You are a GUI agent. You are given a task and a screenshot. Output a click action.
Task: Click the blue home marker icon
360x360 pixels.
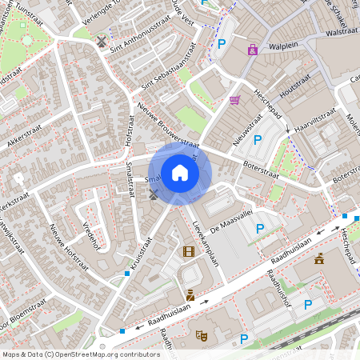pyautogui.click(x=180, y=172)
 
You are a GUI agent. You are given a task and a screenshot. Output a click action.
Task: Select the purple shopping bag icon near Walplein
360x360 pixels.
pyautogui.click(x=253, y=50)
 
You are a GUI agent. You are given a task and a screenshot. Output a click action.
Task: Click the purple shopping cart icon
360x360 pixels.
pyautogui.click(x=234, y=100)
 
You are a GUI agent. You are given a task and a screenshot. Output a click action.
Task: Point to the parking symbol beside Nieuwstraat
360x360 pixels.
pyautogui.click(x=258, y=140)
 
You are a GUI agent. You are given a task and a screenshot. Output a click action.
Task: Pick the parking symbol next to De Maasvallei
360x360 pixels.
pyautogui.click(x=260, y=230)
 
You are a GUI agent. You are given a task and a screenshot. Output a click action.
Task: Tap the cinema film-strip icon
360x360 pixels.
pyautogui.click(x=188, y=252)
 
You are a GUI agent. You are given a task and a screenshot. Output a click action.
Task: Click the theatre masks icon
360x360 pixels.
pyautogui.click(x=201, y=335)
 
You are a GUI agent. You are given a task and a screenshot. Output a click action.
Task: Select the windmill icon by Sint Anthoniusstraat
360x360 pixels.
pyautogui.click(x=101, y=40)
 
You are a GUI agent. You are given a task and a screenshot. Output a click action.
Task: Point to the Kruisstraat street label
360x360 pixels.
pyautogui.click(x=138, y=254)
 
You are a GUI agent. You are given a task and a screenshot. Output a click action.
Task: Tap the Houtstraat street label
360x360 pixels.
pyautogui.click(x=294, y=84)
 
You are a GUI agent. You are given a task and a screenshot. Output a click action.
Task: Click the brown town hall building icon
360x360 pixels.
pyautogui.click(x=319, y=258)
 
